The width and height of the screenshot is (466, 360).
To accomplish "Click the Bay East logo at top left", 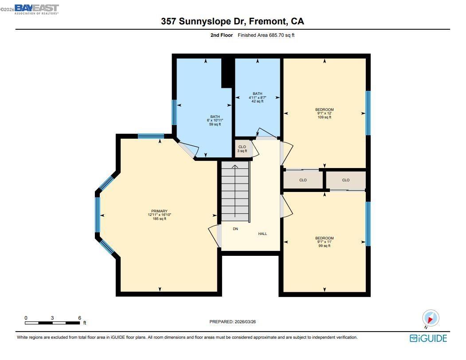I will [x=36, y=9].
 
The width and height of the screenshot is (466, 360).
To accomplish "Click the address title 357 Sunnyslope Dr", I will [x=232, y=21].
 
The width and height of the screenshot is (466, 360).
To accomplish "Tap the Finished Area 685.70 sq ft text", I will [x=266, y=35].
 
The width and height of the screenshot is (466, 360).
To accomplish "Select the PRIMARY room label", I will [x=159, y=211].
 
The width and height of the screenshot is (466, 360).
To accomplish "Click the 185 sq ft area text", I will [x=159, y=219].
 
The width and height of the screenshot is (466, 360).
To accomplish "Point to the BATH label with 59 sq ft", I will [x=215, y=117].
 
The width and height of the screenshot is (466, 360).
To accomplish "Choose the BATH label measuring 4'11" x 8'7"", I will [x=257, y=98].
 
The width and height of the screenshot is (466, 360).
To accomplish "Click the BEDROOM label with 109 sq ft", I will [x=324, y=110].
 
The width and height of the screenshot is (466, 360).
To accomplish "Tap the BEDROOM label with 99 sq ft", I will [x=324, y=238].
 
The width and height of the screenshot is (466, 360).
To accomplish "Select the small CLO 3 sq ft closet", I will [x=242, y=149].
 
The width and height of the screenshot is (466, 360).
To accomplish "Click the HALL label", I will [x=262, y=234].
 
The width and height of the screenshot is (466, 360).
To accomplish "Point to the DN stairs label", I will [x=235, y=229].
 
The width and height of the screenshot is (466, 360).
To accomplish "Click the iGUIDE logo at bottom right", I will [x=428, y=338].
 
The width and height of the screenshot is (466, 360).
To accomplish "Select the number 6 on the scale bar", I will [x=79, y=318].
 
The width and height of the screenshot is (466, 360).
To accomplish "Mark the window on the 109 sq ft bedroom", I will [x=368, y=113].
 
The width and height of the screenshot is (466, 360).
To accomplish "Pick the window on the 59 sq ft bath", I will [x=174, y=112].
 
